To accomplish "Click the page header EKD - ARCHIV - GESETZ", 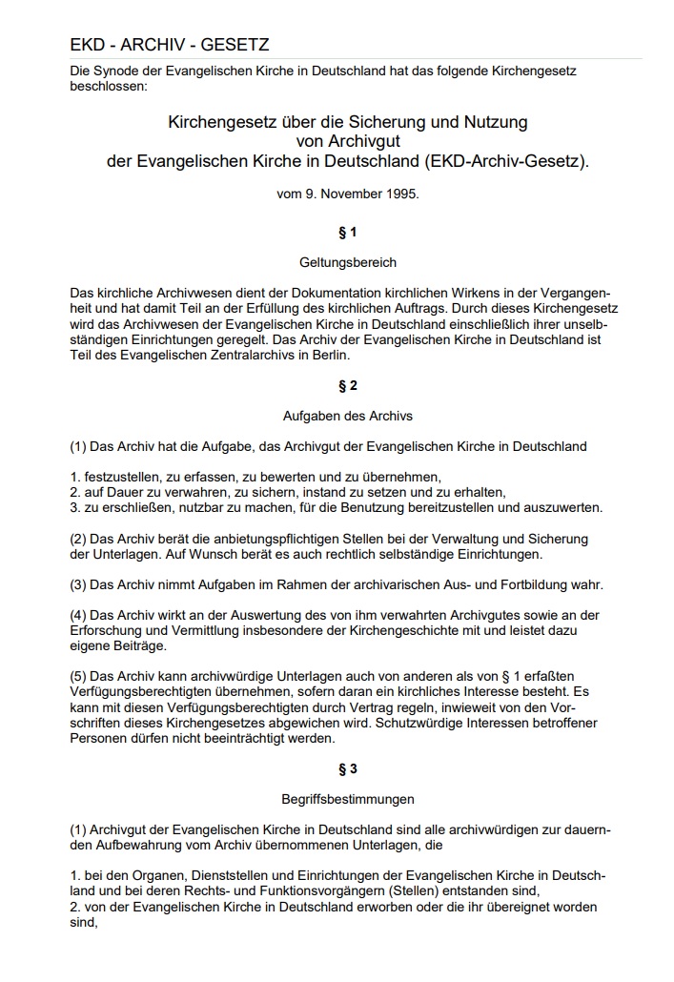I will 170,45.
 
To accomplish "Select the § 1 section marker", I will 347,233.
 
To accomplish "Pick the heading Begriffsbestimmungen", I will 347,799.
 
